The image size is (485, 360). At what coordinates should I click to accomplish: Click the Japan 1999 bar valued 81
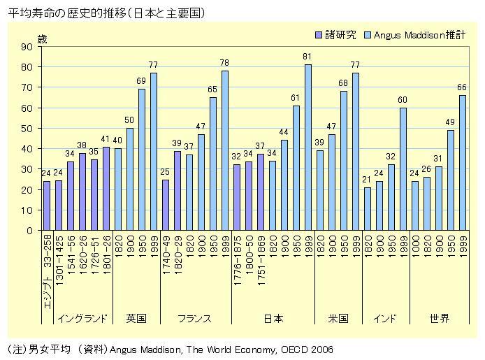coord(307,147)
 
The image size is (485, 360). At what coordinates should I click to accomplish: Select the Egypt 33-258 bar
coord(47,206)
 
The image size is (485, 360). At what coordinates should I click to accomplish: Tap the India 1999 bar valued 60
coord(403,169)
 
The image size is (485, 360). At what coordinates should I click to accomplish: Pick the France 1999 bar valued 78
coord(224,150)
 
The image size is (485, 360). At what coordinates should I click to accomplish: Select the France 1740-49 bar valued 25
coord(166,205)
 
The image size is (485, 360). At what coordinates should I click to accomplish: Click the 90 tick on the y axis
coord(28,47)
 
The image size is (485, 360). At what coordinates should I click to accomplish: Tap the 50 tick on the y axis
coord(28,129)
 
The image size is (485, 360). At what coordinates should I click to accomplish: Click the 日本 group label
coord(273,318)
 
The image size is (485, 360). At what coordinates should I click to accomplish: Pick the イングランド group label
coord(82,318)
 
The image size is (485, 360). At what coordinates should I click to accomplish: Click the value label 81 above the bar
coord(307,57)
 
